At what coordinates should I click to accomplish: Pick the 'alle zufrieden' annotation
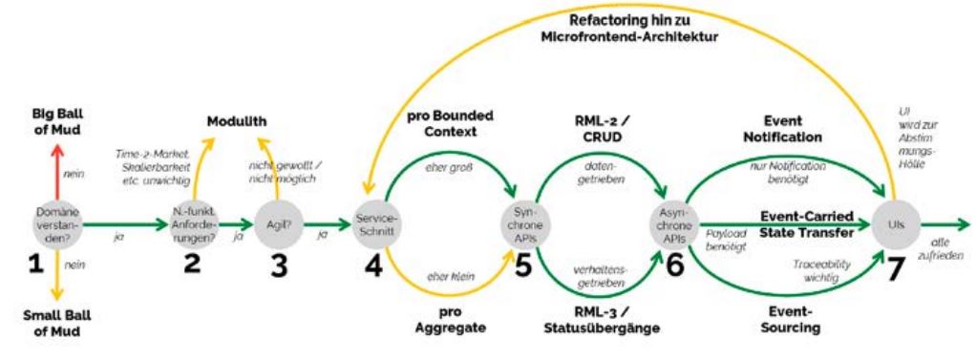(x=942, y=250)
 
